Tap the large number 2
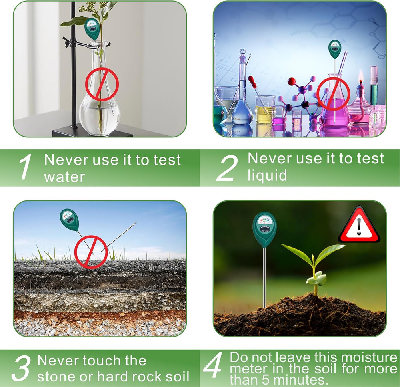227,167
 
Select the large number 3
21,369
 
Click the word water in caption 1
64,177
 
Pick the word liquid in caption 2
267,175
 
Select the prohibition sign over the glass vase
102,84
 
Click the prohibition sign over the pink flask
333,94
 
